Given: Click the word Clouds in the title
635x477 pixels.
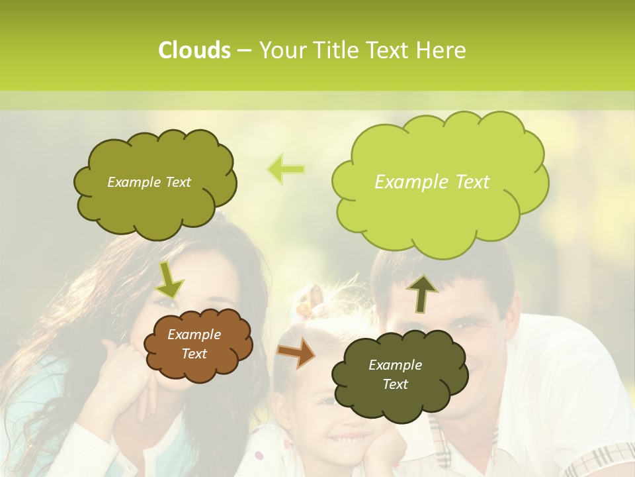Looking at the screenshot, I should (194, 50).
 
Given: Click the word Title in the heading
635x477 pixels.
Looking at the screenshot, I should (335, 50).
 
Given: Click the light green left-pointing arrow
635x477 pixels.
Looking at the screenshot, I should (286, 170).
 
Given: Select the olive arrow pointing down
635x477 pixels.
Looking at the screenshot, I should (169, 280).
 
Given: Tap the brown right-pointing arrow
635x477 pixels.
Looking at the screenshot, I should (296, 353).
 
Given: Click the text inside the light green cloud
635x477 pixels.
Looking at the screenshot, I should (432, 182).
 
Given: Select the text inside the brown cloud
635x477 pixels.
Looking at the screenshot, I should (194, 344).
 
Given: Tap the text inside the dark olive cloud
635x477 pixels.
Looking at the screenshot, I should (395, 374).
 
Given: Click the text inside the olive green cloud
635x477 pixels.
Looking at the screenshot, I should (149, 182).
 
